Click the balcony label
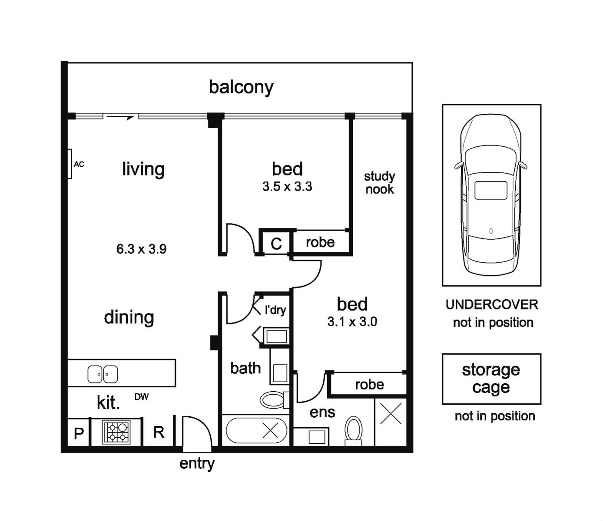(241, 87)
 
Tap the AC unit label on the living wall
(79, 165)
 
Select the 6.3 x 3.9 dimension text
(141, 249)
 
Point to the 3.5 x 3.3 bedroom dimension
(287, 186)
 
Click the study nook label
(380, 183)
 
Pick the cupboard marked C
(276, 243)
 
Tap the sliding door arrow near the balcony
(120, 118)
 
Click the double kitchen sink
(103, 374)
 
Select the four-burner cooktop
(116, 433)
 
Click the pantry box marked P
(78, 432)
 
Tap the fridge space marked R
(159, 432)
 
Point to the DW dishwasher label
(142, 397)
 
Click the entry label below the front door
(197, 464)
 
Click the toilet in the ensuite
(353, 431)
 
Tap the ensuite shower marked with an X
(391, 422)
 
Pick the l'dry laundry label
(275, 310)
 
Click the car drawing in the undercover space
(491, 195)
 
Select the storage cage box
(491, 379)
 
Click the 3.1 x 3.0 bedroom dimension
(352, 322)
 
